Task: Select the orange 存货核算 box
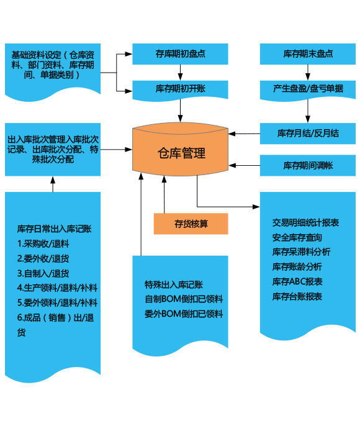191,224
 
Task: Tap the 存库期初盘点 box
180,54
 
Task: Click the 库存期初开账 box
180,90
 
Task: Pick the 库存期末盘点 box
308,54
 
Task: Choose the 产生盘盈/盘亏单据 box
308,90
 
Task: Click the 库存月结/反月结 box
308,134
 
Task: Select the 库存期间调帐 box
308,165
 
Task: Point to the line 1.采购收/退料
43,243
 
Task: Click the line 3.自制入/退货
43,273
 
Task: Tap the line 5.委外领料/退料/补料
57,302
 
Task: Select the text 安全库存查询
297,237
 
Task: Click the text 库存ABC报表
297,281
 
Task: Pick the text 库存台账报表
297,296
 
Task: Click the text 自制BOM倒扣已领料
184,299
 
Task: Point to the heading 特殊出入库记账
174,284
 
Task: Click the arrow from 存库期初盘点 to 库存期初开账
180,72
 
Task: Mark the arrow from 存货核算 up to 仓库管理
164,194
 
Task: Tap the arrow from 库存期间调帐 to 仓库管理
244,165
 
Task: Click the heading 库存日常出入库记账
54,229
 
